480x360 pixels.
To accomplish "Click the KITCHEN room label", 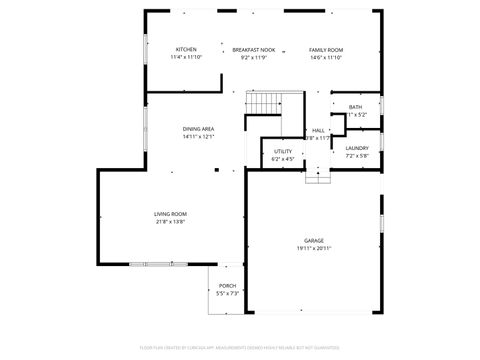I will click(x=186, y=50).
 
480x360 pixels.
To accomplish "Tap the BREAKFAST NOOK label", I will click(x=254, y=50).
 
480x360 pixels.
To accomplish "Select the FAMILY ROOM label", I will click(x=326, y=50).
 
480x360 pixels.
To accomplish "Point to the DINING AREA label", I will click(x=198, y=129).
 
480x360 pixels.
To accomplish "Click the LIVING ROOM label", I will click(x=170, y=214).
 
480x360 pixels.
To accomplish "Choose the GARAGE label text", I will click(x=314, y=241).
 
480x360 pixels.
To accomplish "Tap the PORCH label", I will click(x=227, y=286).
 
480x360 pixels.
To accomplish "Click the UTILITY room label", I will click(x=283, y=151).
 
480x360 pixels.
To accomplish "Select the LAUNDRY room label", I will click(x=357, y=148).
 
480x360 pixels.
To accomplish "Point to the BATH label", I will click(x=355, y=107).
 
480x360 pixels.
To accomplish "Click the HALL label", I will click(x=318, y=130).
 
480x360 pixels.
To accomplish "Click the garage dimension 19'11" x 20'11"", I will click(x=314, y=249).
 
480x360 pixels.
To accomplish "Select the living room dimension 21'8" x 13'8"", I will click(x=170, y=222).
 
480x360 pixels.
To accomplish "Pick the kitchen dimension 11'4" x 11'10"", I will click(x=186, y=58).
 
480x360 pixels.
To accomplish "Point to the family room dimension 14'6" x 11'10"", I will click(x=326, y=58).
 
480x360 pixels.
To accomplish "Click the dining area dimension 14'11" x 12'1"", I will click(x=198, y=137).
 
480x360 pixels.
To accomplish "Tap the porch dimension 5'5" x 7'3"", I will click(x=227, y=294).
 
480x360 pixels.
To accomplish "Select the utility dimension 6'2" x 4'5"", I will click(x=283, y=159).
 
